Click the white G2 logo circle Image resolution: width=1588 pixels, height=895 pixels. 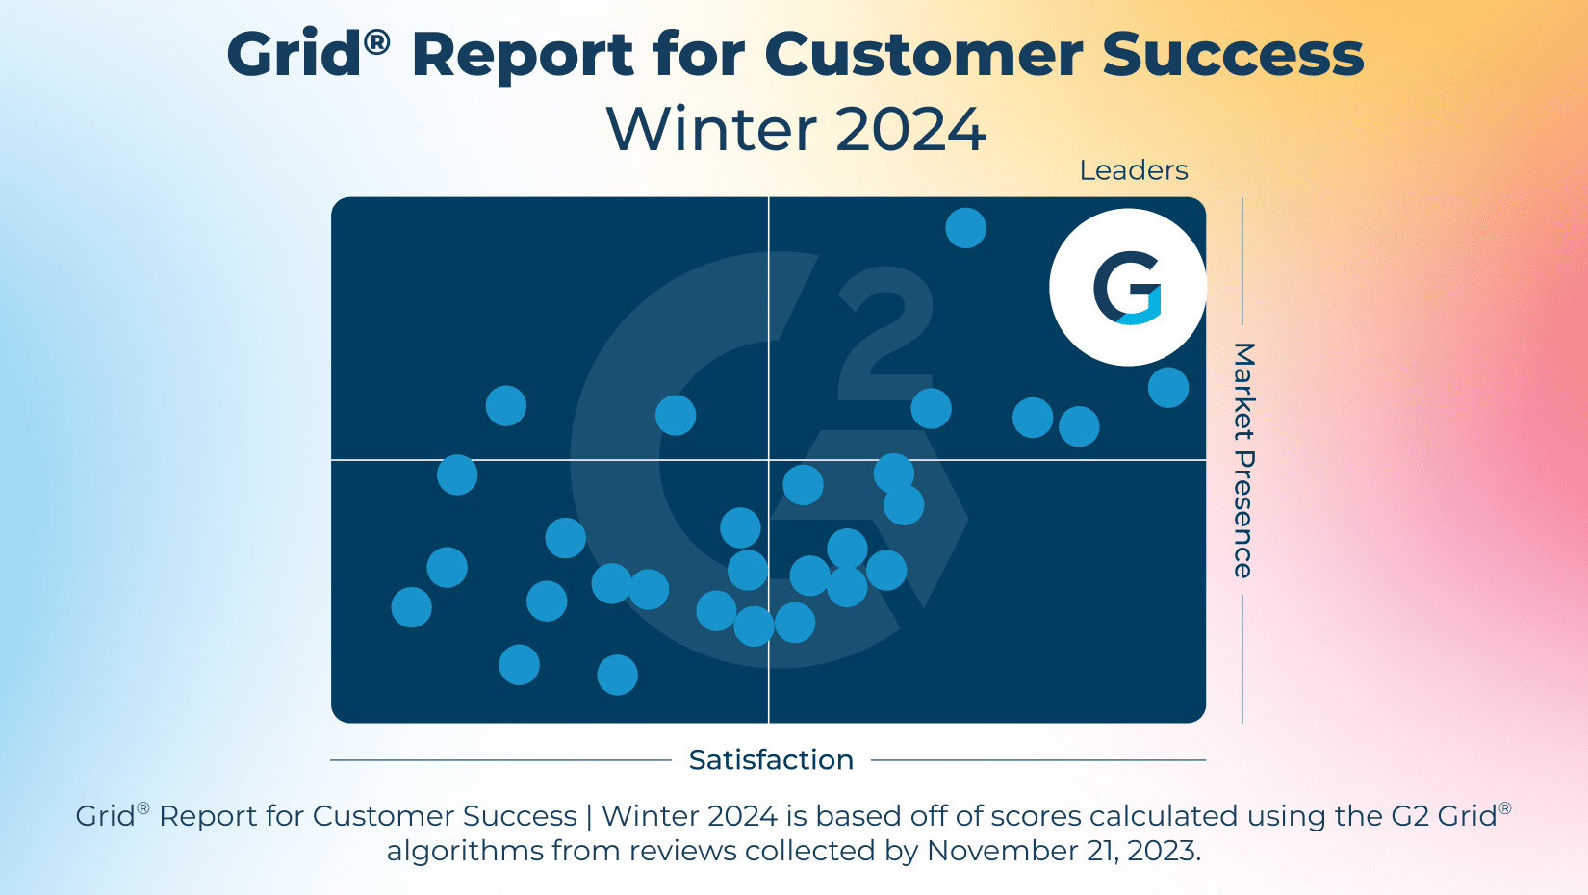click(1127, 288)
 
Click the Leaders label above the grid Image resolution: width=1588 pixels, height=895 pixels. click(1133, 170)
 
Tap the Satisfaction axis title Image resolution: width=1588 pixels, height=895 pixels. click(771, 759)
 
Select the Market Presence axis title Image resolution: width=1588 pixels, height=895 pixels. click(1243, 460)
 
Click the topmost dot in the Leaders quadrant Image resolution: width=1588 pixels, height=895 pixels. click(965, 228)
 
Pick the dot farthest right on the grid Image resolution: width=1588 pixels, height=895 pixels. click(1167, 388)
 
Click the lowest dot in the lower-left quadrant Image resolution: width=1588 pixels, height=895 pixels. click(617, 675)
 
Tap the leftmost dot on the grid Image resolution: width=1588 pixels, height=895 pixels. click(411, 607)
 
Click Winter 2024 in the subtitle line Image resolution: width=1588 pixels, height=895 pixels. click(796, 129)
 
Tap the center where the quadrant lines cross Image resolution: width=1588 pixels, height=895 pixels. click(768, 460)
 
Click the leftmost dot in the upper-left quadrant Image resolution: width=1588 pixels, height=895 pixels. click(505, 405)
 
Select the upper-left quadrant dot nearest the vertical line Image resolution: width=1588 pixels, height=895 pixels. click(675, 415)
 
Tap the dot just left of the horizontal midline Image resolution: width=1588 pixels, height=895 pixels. click(457, 474)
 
